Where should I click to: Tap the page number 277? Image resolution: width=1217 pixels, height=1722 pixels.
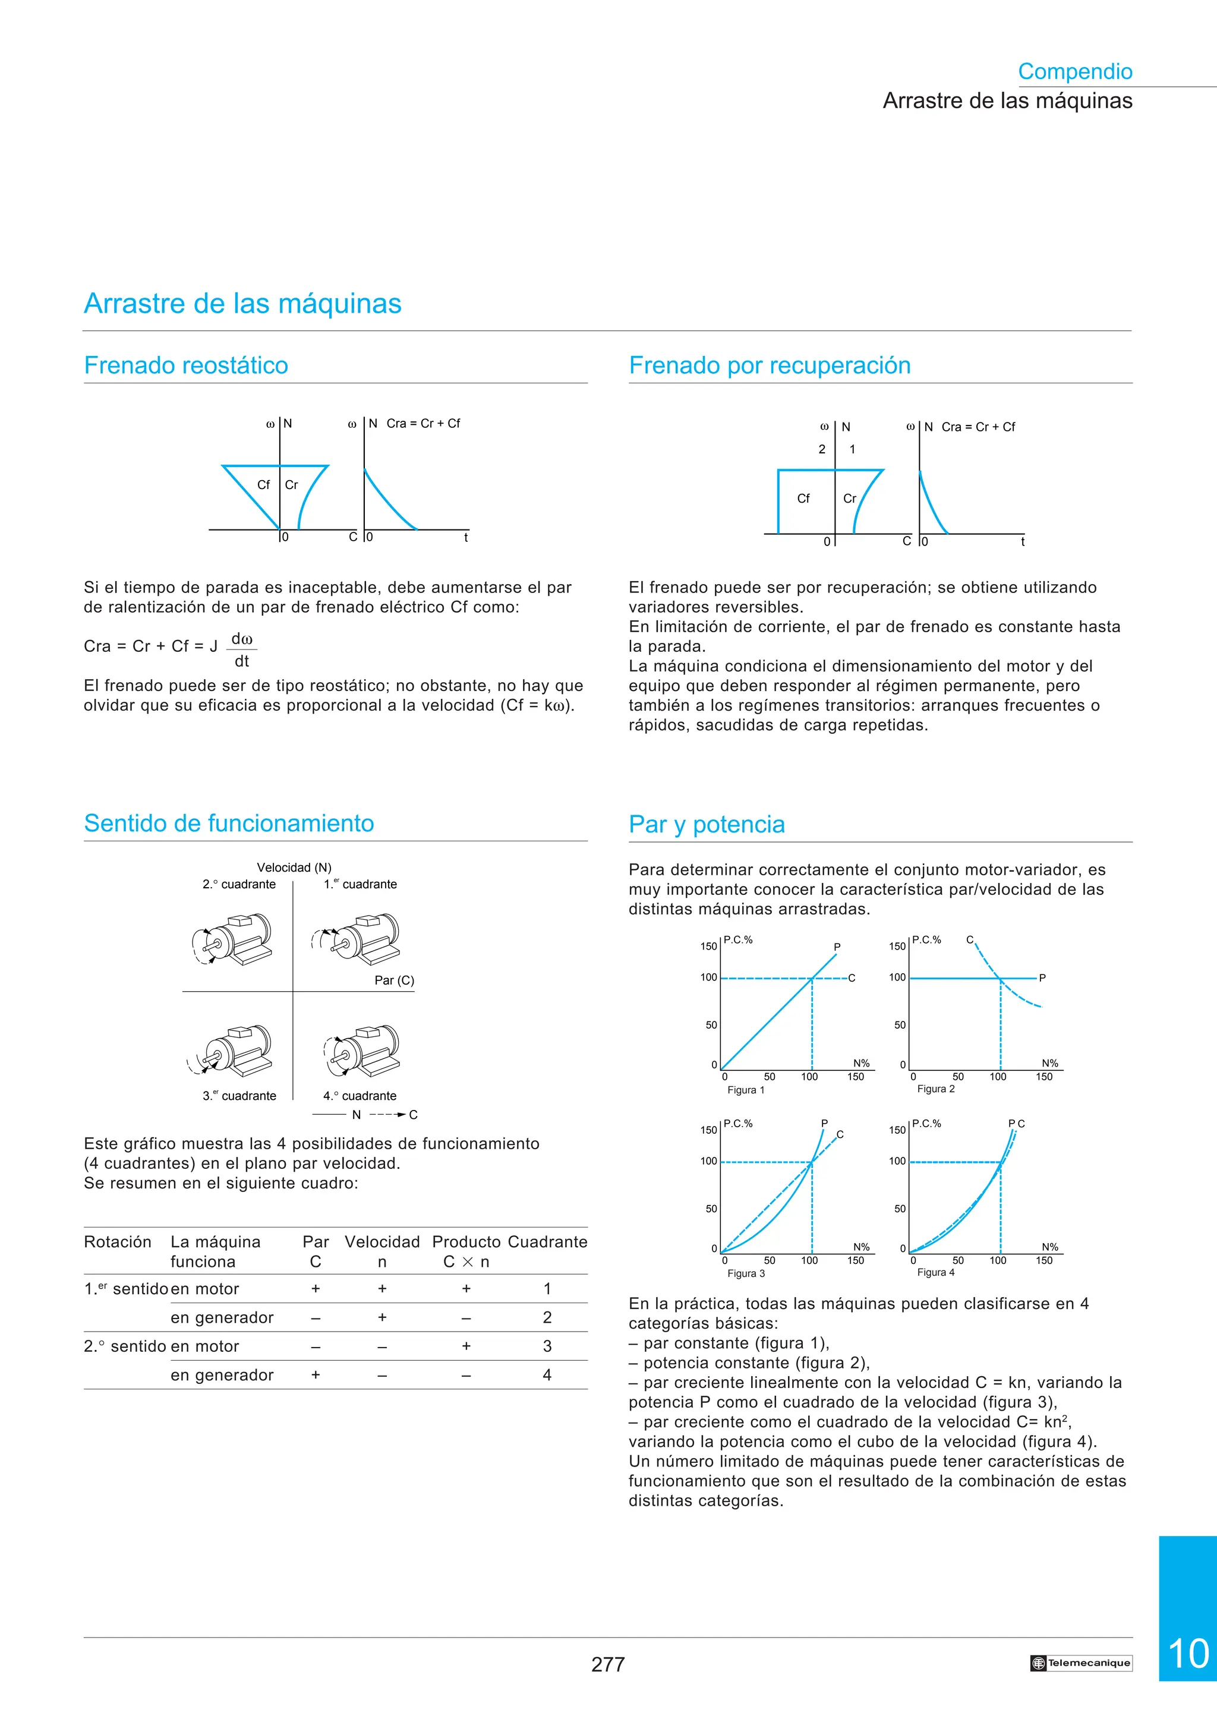[607, 1664]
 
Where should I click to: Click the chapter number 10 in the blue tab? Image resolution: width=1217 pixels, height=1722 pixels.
[1188, 1654]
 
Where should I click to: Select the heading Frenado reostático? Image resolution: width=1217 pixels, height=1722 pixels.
[186, 365]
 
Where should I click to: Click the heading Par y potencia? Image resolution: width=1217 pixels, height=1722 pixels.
[707, 824]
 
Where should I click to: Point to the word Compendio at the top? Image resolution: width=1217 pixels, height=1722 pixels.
[1074, 71]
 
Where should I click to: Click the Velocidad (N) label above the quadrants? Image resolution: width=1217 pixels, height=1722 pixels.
[294, 867]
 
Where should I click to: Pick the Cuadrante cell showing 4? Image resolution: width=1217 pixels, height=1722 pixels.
[547, 1375]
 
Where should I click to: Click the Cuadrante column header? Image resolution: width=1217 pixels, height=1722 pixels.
[547, 1242]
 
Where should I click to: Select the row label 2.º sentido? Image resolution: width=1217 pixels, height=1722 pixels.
[124, 1346]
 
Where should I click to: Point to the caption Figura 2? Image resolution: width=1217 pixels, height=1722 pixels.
[935, 1089]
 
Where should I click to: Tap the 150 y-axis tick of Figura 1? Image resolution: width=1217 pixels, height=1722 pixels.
[708, 947]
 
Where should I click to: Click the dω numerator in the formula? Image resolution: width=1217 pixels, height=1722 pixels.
[241, 638]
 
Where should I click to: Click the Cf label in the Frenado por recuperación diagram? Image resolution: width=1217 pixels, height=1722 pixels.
[803, 498]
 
